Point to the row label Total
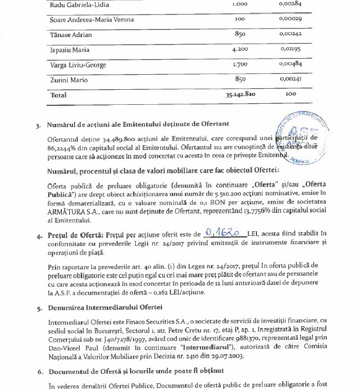[59, 96]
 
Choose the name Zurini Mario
[68, 80]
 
